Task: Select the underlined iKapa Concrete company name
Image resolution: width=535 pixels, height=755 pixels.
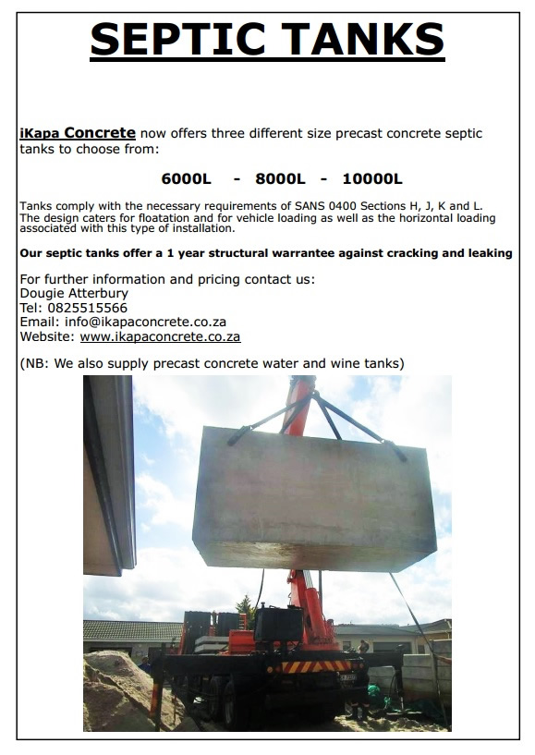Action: pos(78,133)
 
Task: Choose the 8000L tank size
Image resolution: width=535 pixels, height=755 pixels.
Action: pos(280,179)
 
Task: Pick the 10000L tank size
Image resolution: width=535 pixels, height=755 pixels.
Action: pos(371,179)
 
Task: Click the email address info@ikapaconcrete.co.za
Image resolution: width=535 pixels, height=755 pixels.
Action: pos(145,322)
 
